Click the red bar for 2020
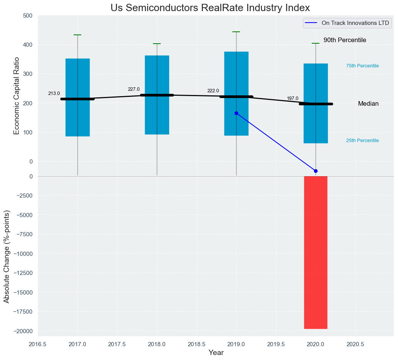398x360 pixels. point(316,252)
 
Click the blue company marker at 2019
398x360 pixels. point(236,113)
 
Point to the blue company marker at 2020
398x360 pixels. point(316,171)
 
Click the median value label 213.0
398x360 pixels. point(54,93)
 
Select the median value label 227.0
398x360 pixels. point(134,89)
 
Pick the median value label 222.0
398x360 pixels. point(213,91)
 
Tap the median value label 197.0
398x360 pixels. point(293,98)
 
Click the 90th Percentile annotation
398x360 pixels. point(345,40)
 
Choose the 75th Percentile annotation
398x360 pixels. point(362,66)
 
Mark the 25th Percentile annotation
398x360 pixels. point(362,141)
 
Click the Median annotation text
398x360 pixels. point(368,104)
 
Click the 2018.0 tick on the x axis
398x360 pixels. point(157,344)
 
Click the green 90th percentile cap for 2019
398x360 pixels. point(236,32)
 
